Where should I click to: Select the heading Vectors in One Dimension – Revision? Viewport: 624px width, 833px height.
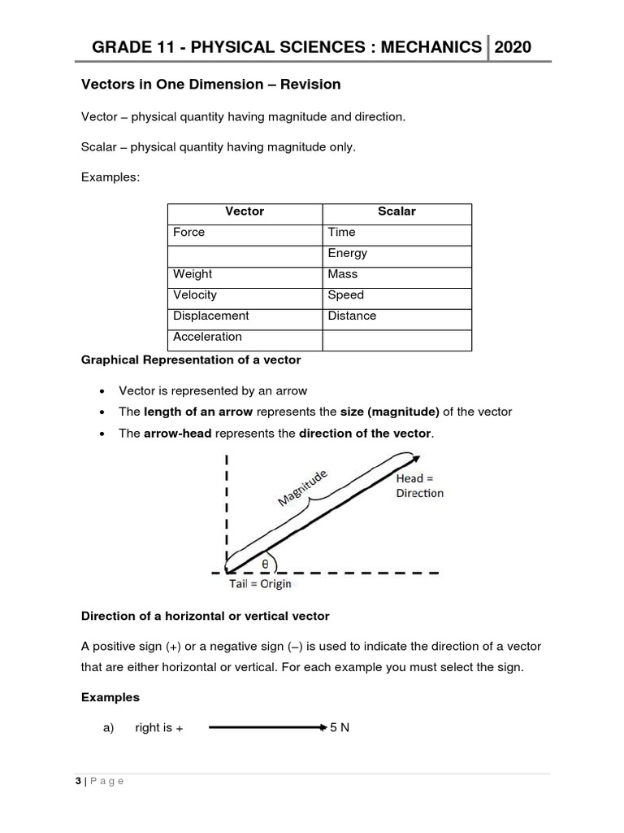pyautogui.click(x=210, y=85)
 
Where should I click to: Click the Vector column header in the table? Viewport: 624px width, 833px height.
pyautogui.click(x=245, y=212)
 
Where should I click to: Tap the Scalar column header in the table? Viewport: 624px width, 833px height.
pyautogui.click(x=396, y=212)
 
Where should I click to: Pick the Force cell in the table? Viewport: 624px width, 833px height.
pyautogui.click(x=189, y=233)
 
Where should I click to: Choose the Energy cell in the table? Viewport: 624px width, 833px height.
pyautogui.click(x=348, y=254)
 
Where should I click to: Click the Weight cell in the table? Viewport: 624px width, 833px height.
pyautogui.click(x=193, y=275)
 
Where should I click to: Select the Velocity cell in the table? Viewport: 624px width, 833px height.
pyautogui.click(x=195, y=295)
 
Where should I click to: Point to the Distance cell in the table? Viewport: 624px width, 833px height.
pyautogui.click(x=352, y=316)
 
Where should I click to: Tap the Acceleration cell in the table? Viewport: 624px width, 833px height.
pyautogui.click(x=207, y=337)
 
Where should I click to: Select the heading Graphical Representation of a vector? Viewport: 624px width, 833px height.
pyautogui.click(x=191, y=360)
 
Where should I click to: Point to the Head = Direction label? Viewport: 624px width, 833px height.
pyautogui.click(x=420, y=486)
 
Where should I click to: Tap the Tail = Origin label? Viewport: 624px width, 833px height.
pyautogui.click(x=260, y=584)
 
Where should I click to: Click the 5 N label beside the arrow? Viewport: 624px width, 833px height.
pyautogui.click(x=340, y=728)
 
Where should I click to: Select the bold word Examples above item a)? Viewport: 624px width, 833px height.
pyautogui.click(x=110, y=698)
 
